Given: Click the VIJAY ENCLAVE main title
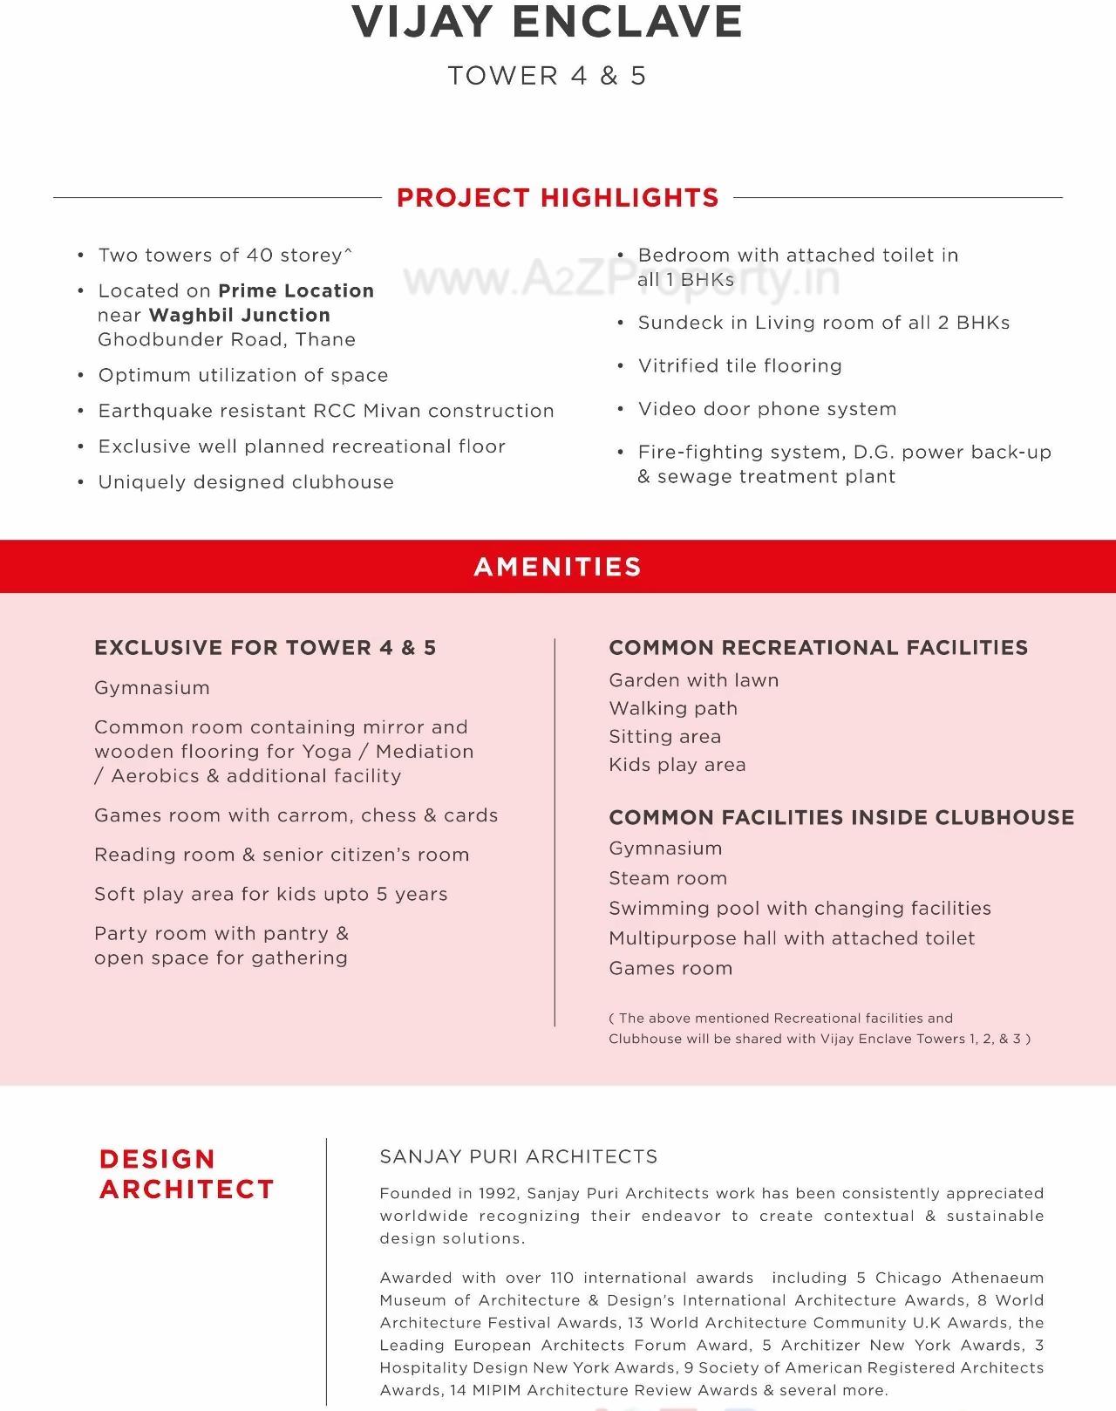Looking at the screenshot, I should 547,22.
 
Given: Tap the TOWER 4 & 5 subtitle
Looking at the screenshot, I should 547,76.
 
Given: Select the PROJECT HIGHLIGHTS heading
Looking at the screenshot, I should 557,198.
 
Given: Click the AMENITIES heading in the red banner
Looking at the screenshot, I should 557,567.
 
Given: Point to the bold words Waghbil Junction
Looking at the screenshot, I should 239,316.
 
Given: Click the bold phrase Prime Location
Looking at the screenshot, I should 296,291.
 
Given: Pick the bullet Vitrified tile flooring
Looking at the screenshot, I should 739,366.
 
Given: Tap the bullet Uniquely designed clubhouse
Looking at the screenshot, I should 245,482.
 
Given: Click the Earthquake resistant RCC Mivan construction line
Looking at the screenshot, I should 325,411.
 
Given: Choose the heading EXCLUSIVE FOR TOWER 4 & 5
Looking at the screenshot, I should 265,648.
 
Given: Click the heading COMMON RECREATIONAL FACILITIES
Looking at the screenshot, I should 818,648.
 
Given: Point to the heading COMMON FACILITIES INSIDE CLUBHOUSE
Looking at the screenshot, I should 841,818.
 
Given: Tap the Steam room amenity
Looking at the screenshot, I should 668,878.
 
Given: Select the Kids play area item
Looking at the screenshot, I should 677,765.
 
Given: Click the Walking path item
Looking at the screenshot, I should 673,708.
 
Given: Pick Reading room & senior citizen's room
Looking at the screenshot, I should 282,855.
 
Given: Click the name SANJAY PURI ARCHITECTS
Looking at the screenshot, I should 519,1157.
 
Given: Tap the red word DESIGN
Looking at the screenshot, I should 157,1159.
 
